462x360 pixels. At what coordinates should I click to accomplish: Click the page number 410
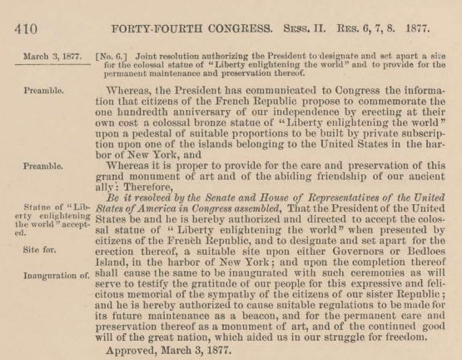19,14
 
